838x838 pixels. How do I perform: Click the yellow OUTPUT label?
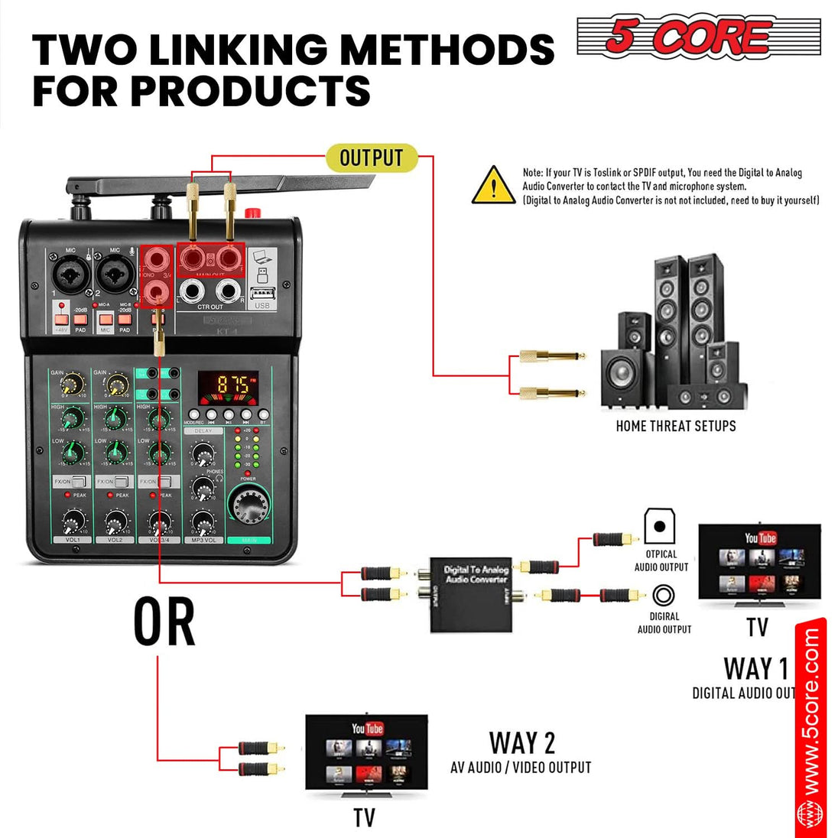coord(371,158)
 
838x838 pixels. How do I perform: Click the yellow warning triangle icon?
coord(493,186)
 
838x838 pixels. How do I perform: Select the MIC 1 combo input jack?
coord(67,272)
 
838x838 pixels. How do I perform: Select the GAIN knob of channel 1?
coord(73,385)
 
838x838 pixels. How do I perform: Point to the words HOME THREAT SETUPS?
coord(676,426)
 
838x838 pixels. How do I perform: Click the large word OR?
coord(164,622)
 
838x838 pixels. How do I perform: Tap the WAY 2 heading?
coord(522,742)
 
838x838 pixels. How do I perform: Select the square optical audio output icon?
coord(659,526)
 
